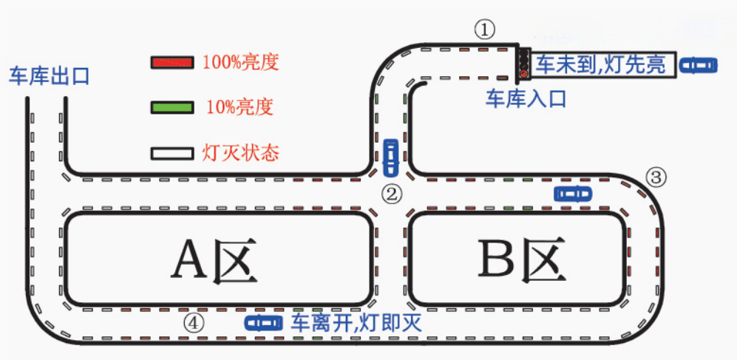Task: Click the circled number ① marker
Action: click(484, 30)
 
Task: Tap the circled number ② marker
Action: click(392, 194)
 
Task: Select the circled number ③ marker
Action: click(656, 177)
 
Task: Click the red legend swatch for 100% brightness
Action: click(172, 62)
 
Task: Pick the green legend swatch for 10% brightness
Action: click(172, 108)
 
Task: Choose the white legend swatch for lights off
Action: click(172, 154)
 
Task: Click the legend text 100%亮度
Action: click(240, 62)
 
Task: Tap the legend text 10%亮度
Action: click(240, 108)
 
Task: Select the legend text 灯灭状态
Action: click(241, 154)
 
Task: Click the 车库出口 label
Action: click(49, 75)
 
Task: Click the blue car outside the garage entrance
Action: click(699, 65)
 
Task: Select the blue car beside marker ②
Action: click(391, 154)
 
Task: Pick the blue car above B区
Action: click(573, 194)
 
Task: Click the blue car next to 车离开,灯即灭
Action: click(264, 322)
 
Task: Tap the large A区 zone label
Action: click(214, 262)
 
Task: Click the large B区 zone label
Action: click(518, 261)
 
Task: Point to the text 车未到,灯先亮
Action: click(600, 65)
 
